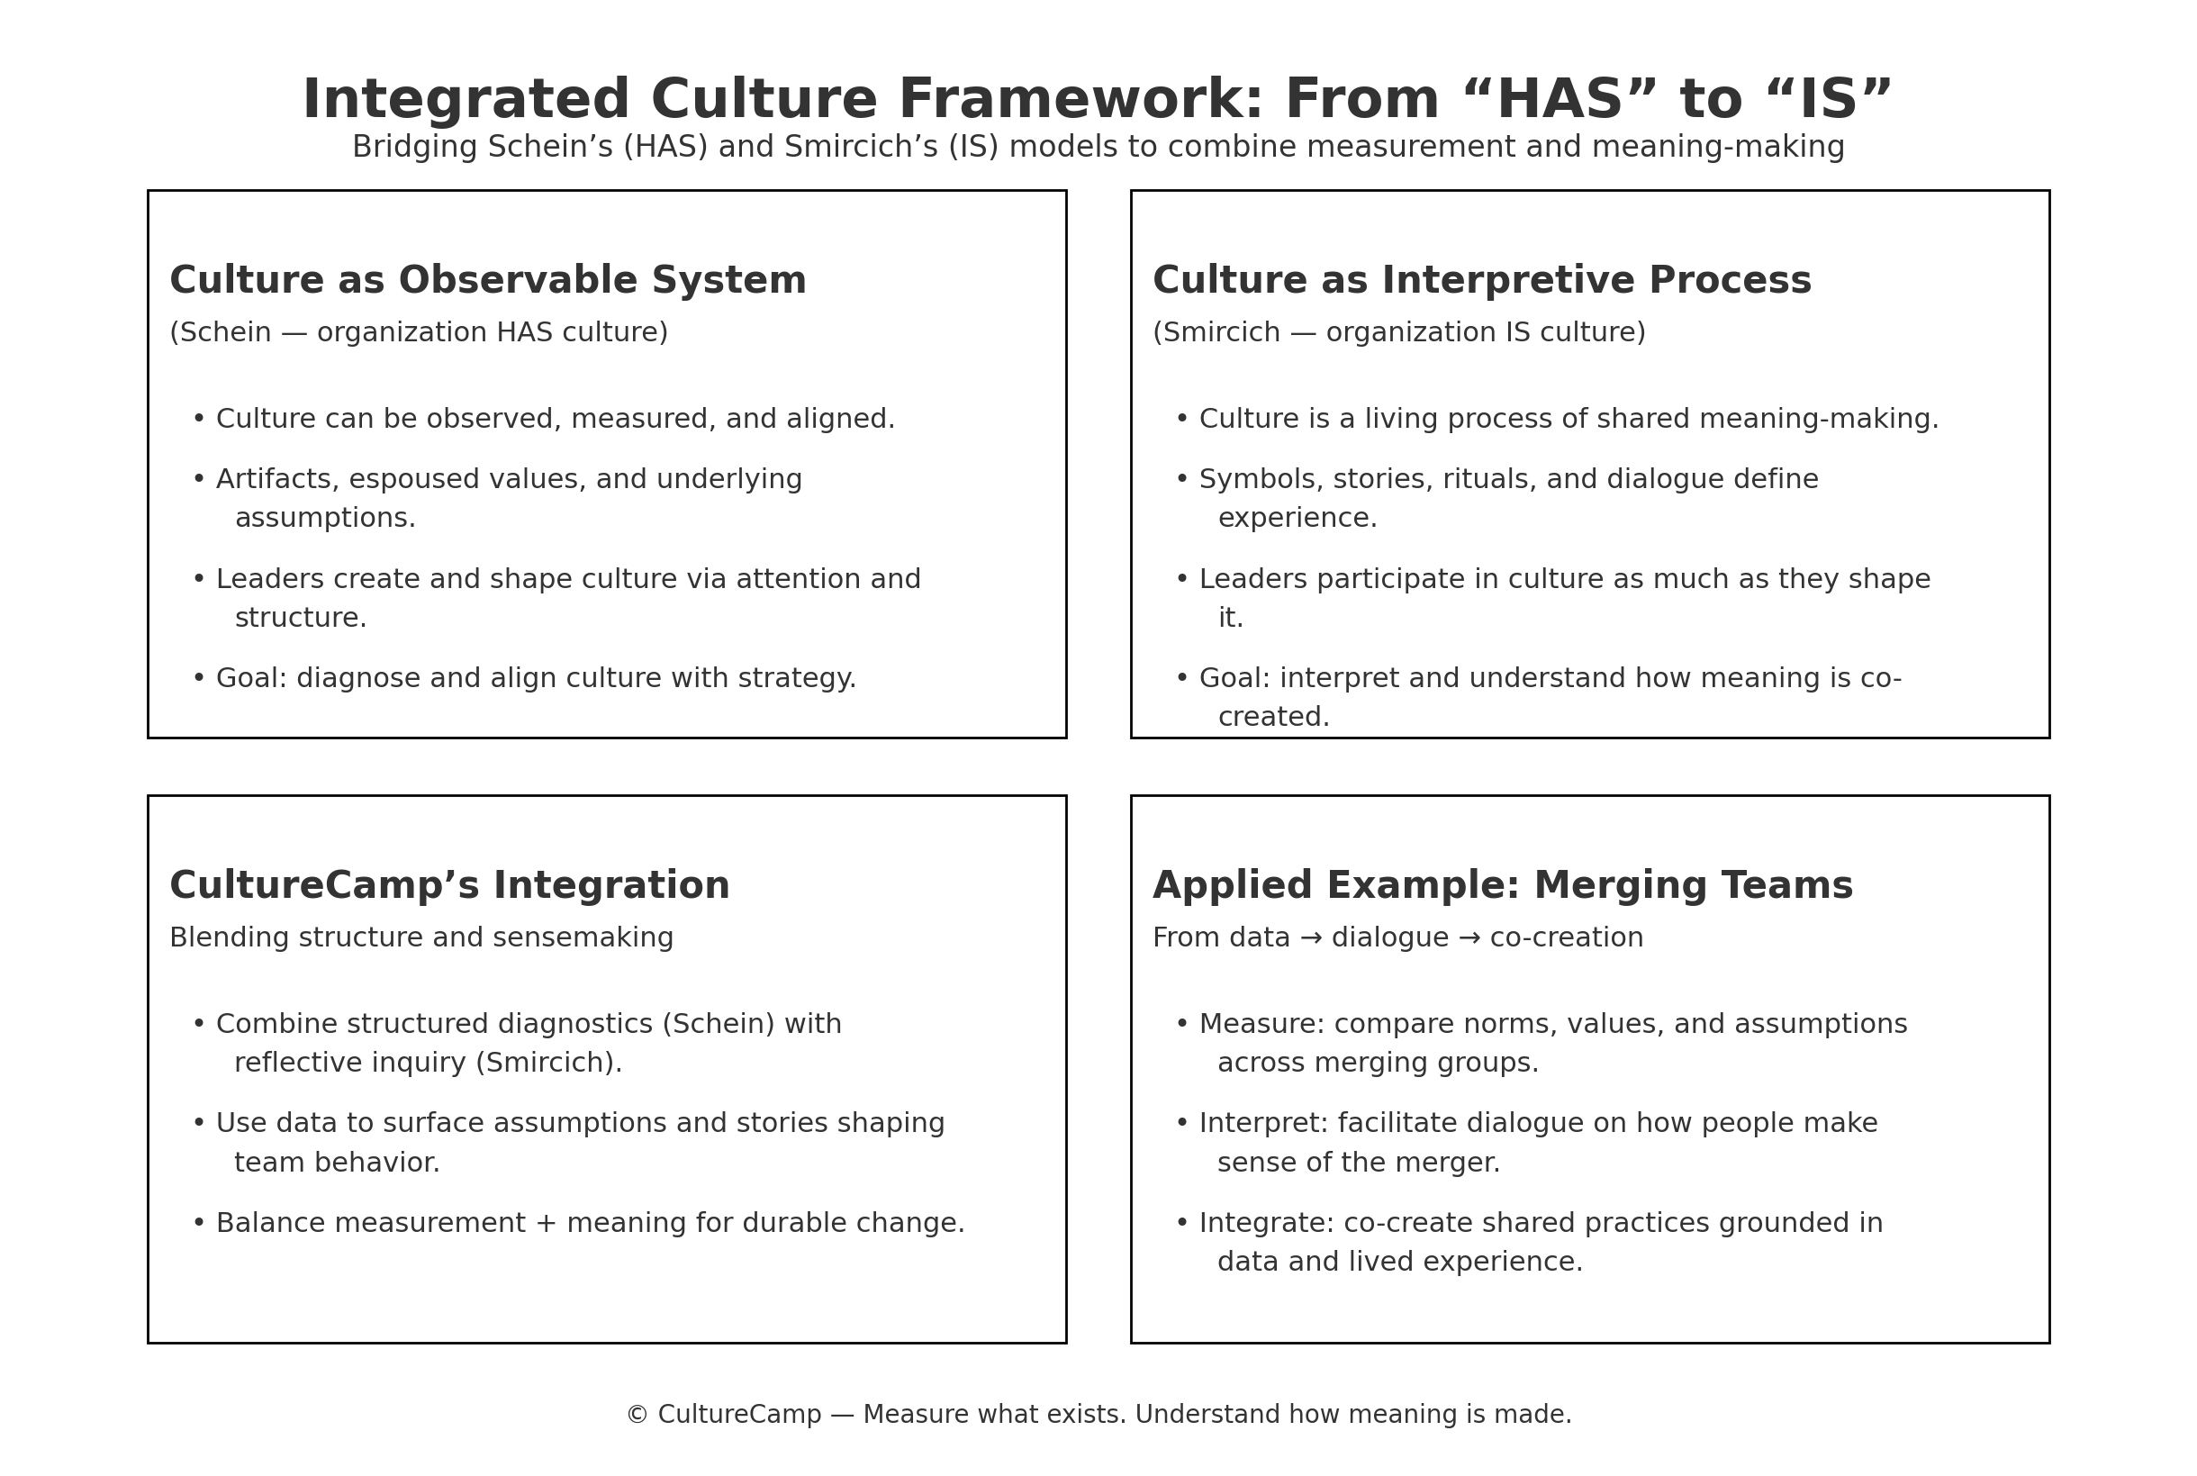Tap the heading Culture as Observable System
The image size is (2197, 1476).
(487, 280)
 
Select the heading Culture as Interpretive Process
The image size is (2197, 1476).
(1482, 280)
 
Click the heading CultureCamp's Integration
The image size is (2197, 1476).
(449, 886)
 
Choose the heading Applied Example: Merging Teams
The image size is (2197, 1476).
(1503, 886)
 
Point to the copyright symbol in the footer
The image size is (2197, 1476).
(637, 1415)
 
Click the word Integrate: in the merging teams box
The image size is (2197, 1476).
(1267, 1224)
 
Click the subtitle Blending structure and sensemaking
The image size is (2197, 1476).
(421, 937)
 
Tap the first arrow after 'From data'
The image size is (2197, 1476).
(1311, 938)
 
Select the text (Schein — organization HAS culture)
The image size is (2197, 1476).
(419, 332)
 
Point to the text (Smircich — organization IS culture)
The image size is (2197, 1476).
(1399, 332)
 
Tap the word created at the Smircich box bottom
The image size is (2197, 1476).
(1274, 718)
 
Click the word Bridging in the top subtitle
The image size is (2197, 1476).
(415, 148)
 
